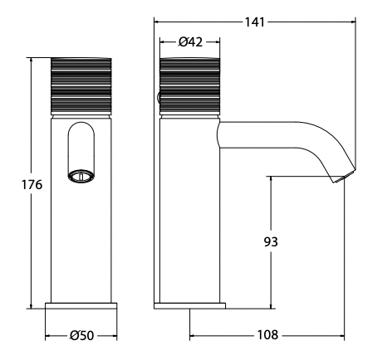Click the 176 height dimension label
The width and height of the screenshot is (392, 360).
32,184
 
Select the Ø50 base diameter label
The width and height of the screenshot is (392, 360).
82,335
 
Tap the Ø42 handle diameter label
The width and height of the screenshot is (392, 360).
190,42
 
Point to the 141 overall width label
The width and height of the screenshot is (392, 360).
255,22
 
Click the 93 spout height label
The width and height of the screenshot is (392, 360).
271,241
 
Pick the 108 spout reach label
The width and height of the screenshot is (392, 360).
267,335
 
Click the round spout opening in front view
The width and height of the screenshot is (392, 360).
81,176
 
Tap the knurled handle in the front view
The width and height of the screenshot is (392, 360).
81,86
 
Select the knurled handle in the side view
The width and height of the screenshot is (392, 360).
190,86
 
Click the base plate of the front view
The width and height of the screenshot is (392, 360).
81,306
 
